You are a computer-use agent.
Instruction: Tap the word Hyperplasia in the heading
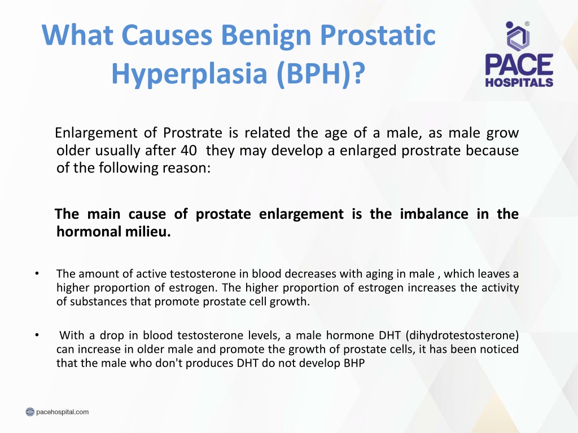[x=189, y=74]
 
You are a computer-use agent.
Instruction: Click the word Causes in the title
[x=167, y=36]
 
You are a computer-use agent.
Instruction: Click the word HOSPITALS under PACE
[x=519, y=82]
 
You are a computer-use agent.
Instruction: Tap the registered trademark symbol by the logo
[x=527, y=24]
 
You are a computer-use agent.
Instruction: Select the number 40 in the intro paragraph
[x=189, y=150]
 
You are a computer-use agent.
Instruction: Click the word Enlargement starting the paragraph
[x=96, y=133]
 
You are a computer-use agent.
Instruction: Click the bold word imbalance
[x=434, y=214]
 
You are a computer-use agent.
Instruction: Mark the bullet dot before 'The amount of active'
[x=37, y=273]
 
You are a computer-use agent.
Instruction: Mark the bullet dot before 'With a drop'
[x=37, y=335]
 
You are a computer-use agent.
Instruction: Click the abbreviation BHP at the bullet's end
[x=354, y=363]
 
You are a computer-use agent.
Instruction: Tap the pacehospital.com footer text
[x=62, y=412]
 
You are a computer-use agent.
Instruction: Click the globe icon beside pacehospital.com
[x=30, y=412]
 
